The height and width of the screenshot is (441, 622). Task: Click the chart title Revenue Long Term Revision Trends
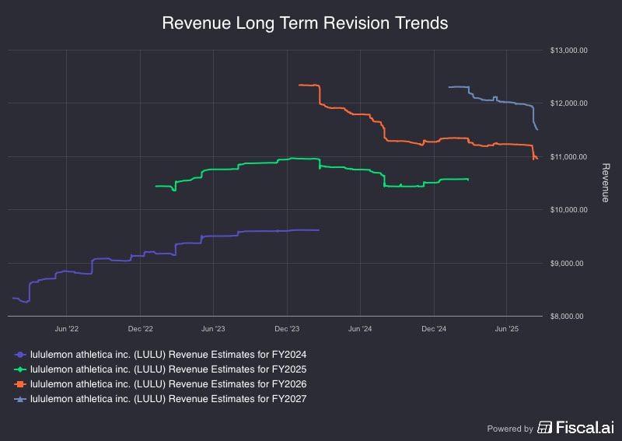(305, 23)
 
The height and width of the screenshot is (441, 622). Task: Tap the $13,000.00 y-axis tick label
(568, 51)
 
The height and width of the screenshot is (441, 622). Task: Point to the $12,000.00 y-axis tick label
(568, 103)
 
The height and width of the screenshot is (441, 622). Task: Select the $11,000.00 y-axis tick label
(568, 157)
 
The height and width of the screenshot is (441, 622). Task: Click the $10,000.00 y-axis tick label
(568, 210)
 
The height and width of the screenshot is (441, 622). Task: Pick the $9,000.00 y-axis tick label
(568, 263)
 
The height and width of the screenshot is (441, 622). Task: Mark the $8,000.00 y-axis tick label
(568, 317)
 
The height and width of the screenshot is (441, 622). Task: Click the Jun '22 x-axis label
(66, 329)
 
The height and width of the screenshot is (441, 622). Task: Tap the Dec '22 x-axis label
(140, 329)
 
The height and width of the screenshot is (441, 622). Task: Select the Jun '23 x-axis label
(213, 329)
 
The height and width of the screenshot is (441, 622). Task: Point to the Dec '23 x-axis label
(287, 329)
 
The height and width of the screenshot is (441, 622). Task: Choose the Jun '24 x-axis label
(360, 329)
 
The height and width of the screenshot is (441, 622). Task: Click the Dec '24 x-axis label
(434, 329)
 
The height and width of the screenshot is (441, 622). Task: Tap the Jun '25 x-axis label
(507, 329)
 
